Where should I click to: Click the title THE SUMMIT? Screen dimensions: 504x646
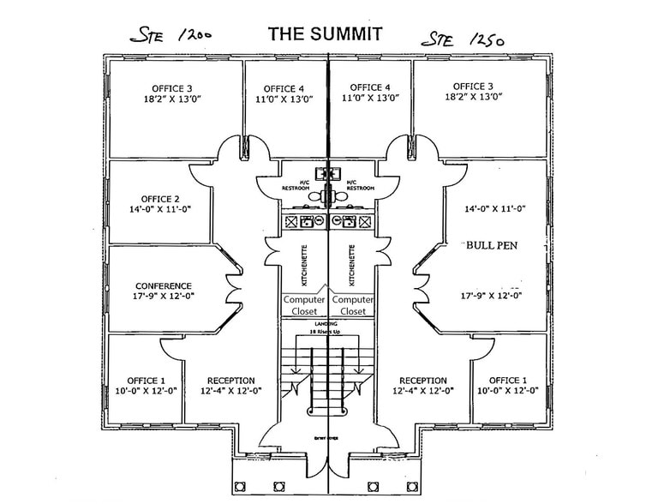coord(325,33)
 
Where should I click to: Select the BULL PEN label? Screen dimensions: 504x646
coord(493,244)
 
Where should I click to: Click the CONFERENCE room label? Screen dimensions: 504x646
coord(164,286)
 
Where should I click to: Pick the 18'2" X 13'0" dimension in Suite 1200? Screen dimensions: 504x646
coord(172,99)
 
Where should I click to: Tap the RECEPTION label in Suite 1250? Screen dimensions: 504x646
coord(422,381)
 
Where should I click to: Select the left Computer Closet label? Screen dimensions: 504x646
coord(304,305)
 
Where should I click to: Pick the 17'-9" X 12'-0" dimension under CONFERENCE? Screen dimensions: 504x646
coord(164,297)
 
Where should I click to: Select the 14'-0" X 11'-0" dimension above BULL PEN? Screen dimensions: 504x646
coord(494,208)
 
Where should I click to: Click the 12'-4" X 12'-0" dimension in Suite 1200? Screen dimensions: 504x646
coord(230,391)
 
